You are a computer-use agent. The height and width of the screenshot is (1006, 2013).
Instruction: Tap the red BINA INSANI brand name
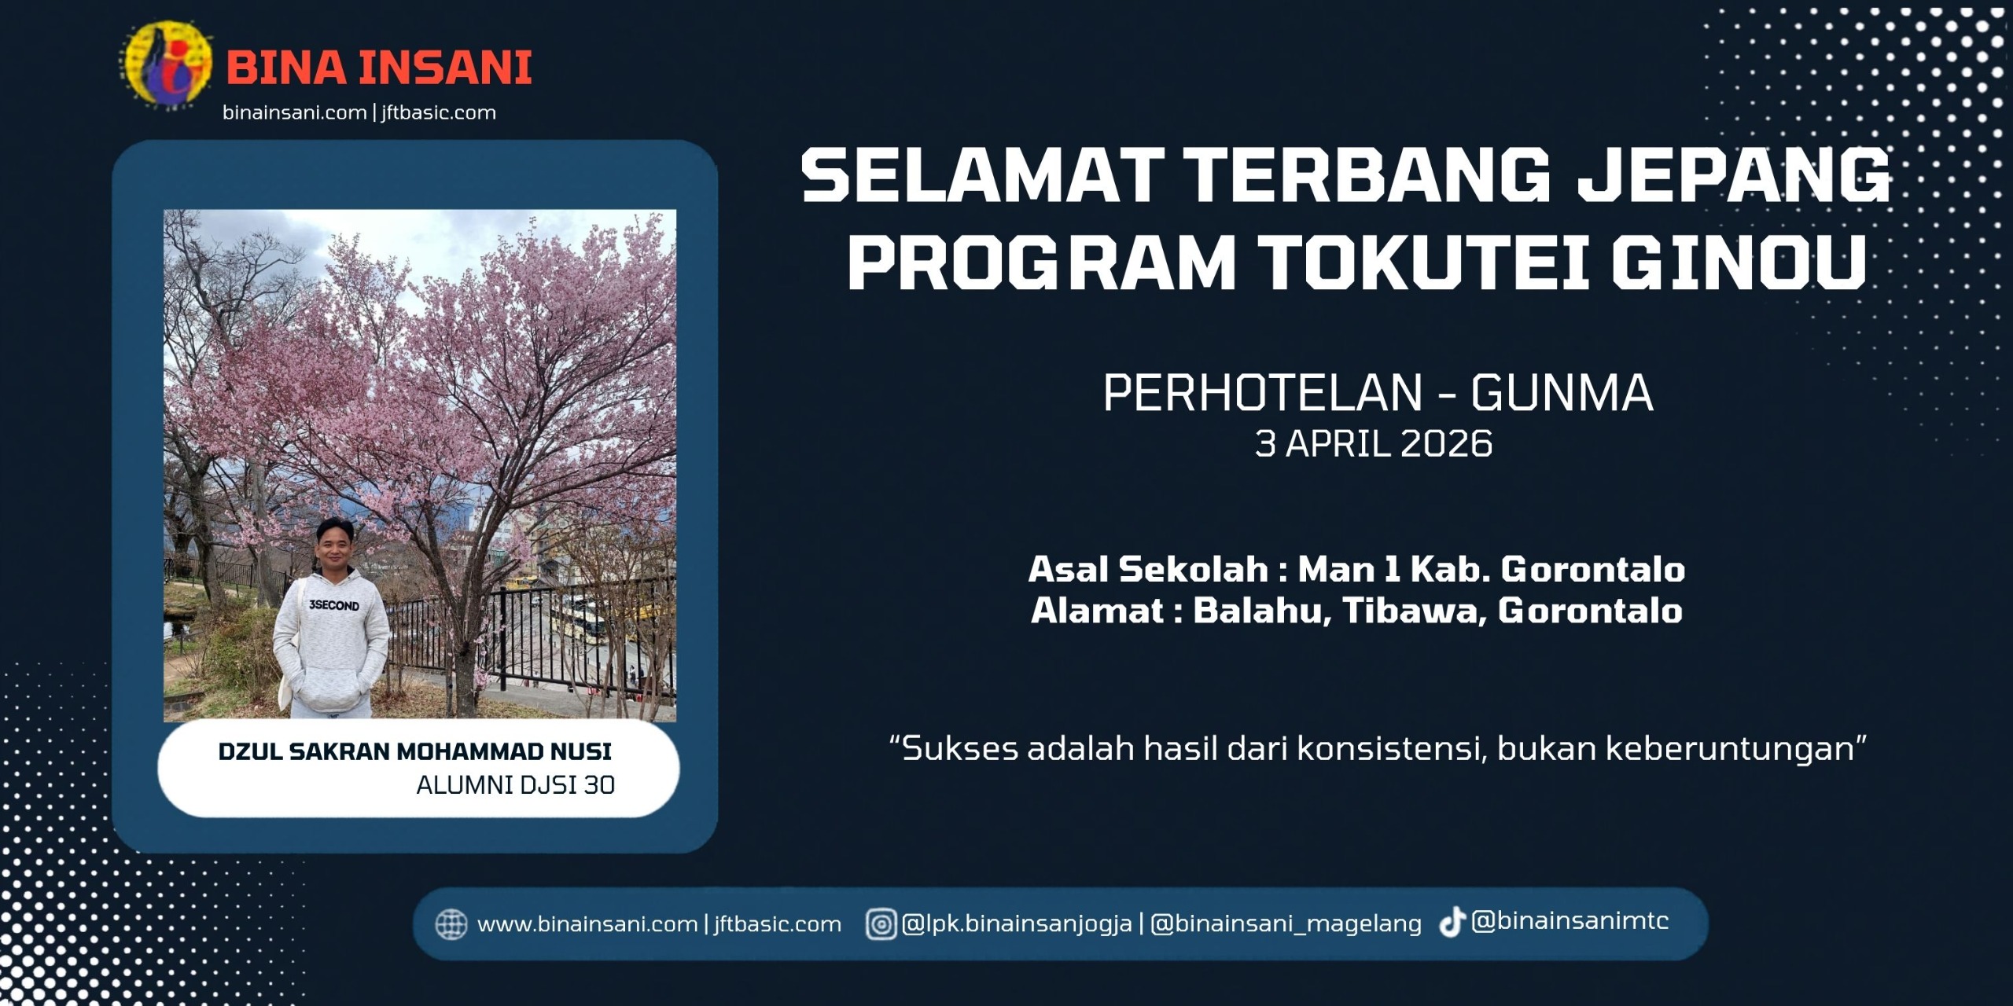coord(379,68)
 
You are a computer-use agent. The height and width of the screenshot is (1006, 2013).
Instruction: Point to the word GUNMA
coord(1562,392)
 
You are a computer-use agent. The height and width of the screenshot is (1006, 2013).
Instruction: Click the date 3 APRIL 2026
coord(1374,444)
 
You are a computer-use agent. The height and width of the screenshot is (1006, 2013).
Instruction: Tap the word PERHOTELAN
coord(1263,392)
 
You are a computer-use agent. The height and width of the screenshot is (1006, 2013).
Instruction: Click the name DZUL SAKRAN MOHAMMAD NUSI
coord(414,752)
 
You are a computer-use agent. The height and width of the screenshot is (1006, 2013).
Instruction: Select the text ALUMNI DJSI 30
coord(515,785)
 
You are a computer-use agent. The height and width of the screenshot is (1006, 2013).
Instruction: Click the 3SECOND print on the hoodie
coord(334,605)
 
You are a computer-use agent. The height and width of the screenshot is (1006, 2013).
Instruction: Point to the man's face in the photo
coord(334,546)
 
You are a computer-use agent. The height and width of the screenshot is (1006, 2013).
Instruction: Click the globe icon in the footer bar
coord(451,924)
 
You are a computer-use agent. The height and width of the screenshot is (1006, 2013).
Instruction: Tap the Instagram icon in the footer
coord(881,924)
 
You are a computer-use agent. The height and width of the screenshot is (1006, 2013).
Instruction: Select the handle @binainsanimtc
coord(1570,921)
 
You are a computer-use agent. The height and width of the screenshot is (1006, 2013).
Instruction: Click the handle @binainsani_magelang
coord(1286,924)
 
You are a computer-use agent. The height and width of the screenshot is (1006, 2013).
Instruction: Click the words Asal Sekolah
coord(1148,570)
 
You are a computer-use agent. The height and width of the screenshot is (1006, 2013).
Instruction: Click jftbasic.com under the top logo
coord(439,113)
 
